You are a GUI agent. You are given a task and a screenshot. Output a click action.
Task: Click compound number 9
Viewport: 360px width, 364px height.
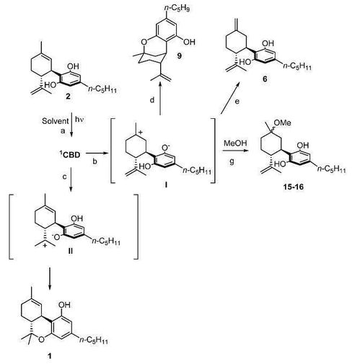click(x=179, y=56)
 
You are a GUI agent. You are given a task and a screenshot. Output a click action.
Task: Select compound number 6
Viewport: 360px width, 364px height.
click(x=265, y=79)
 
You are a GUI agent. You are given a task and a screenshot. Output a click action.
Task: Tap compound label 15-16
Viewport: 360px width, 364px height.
click(x=293, y=187)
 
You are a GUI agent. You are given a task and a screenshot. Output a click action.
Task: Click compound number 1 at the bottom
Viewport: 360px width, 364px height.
click(x=50, y=355)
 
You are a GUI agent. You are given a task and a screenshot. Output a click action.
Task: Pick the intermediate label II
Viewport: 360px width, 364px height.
click(x=70, y=251)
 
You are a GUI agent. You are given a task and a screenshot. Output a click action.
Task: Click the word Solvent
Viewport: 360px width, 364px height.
click(x=55, y=120)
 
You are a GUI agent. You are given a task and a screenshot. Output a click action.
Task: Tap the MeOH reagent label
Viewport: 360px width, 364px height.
click(x=235, y=143)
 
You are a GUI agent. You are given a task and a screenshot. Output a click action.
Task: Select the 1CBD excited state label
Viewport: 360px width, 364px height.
click(x=70, y=155)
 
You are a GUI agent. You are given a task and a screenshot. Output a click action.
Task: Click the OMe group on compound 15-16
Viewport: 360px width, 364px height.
click(x=282, y=123)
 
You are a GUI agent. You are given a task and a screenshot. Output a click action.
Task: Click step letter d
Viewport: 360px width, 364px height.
click(x=152, y=99)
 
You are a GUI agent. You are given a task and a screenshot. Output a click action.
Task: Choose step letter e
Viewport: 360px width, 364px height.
click(x=237, y=102)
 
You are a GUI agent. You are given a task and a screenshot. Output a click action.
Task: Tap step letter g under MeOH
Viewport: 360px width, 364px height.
click(x=232, y=161)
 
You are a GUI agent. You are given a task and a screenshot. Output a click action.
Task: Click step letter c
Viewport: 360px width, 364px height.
click(x=64, y=177)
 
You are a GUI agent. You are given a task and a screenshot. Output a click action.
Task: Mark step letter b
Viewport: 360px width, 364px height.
click(x=95, y=161)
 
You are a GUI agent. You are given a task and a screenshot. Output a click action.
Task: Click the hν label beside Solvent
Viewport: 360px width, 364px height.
click(x=79, y=120)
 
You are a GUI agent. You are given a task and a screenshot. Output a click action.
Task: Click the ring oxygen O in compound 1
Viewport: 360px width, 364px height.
click(x=42, y=339)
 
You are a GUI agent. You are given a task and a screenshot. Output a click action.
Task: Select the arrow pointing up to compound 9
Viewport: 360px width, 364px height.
click(x=159, y=98)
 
